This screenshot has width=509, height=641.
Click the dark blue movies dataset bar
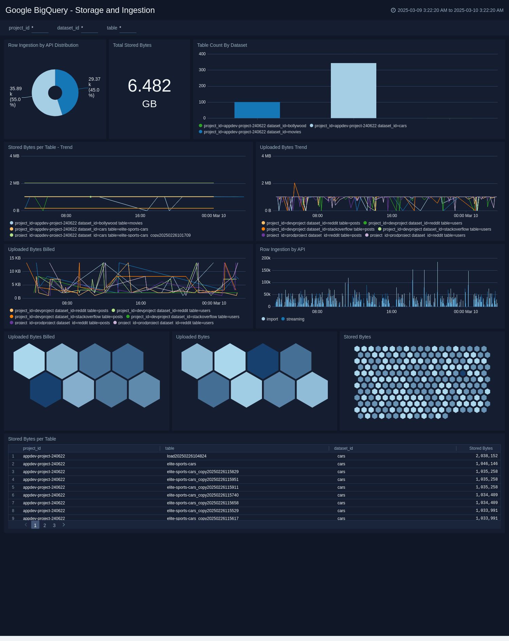(x=257, y=110)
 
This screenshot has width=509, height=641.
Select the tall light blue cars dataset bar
(x=353, y=91)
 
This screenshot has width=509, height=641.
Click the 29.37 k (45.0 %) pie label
(x=94, y=87)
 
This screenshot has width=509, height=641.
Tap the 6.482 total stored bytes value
(x=149, y=85)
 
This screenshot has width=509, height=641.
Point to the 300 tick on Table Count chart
(x=202, y=70)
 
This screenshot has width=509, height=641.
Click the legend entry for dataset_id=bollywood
(x=255, y=126)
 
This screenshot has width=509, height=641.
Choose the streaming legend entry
(x=295, y=319)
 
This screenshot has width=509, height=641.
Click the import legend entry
(x=272, y=319)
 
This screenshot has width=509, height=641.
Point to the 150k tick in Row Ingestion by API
(x=266, y=270)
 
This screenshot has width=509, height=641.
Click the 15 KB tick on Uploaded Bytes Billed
(x=15, y=258)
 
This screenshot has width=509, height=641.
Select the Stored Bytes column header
(x=480, y=448)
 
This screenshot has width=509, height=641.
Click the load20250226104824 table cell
(x=186, y=456)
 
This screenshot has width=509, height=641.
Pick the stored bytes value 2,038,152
(x=486, y=456)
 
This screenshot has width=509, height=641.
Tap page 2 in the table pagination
(x=45, y=525)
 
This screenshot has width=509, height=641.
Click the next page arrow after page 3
(x=63, y=525)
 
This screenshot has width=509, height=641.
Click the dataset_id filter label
(x=68, y=28)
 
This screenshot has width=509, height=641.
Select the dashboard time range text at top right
(x=450, y=10)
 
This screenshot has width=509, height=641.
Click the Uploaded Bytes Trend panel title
(x=283, y=147)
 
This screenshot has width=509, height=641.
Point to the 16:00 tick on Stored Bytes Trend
(x=140, y=216)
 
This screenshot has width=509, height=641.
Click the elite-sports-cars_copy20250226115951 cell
(x=203, y=480)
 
